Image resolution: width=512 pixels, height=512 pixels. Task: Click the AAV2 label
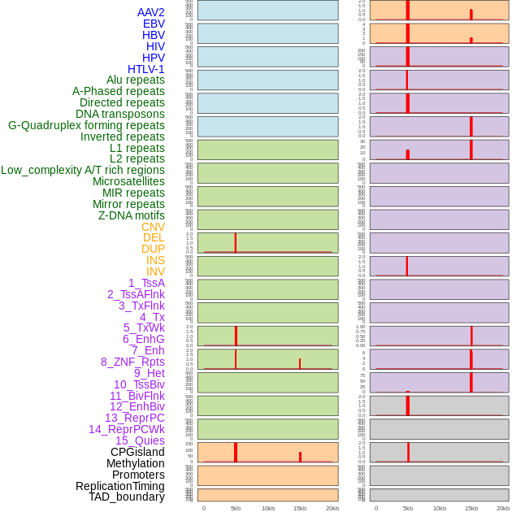[x=151, y=12]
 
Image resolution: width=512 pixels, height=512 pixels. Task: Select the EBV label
[x=154, y=24]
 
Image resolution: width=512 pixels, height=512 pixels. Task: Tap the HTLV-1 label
[x=146, y=69]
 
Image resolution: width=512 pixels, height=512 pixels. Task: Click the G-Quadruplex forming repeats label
[x=86, y=125]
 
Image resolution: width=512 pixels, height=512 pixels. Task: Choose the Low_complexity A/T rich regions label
[x=83, y=170]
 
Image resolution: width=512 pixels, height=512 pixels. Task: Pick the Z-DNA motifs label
[x=132, y=215]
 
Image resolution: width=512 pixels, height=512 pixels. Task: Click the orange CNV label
[x=153, y=227]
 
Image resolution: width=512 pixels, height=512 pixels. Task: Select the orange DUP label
[x=153, y=249]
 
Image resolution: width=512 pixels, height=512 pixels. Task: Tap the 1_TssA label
[x=146, y=283]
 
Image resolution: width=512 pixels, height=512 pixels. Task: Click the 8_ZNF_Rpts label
[x=132, y=362]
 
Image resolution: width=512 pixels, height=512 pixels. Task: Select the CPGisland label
[x=137, y=452]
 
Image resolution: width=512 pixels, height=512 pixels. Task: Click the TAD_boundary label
[x=127, y=497]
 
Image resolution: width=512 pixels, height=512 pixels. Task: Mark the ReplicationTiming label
[x=120, y=486]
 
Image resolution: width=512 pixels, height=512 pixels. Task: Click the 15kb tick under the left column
[x=299, y=508]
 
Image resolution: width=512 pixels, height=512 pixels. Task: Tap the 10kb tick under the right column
[x=440, y=508]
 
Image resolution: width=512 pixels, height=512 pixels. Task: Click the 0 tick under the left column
[x=204, y=508]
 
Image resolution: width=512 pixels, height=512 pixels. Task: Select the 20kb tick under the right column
[x=503, y=508]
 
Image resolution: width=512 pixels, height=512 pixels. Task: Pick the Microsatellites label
[x=128, y=181]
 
